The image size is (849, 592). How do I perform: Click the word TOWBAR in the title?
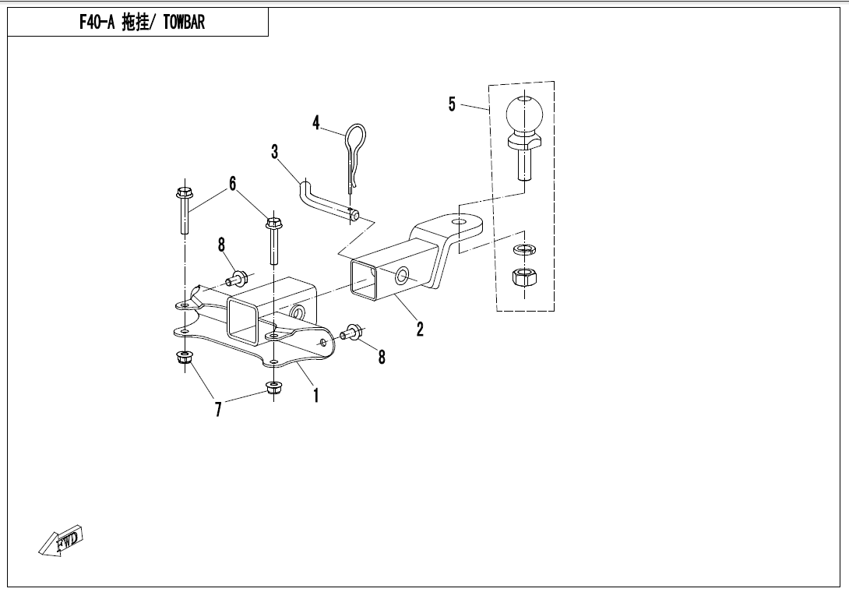point(184,23)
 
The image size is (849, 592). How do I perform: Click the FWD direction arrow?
point(62,541)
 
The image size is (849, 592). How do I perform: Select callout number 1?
point(316,395)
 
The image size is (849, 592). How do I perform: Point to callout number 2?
point(420,328)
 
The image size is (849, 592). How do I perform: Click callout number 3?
point(274,152)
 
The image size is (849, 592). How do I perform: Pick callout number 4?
point(316,123)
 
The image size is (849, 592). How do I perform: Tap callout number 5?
point(452,104)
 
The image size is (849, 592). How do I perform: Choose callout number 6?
point(232,184)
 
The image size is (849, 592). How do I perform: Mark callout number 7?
point(218,409)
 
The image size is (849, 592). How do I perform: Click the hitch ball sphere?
point(524,114)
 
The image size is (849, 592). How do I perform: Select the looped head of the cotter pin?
point(355,136)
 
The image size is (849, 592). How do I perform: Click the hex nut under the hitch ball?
point(524,277)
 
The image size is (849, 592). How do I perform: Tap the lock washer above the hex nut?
point(524,249)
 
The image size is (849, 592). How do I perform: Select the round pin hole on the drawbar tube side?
point(402,277)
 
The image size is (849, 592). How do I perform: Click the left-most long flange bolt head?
point(184,193)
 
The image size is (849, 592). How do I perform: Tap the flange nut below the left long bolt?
point(185,358)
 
